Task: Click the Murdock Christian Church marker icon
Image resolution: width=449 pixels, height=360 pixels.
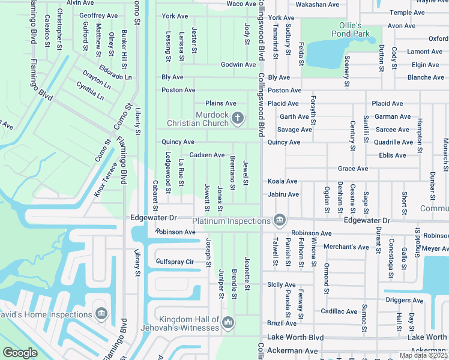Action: point(237,118)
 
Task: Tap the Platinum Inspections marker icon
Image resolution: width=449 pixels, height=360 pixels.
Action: point(279,221)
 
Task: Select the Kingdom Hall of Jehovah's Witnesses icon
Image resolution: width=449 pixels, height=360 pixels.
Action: point(228,323)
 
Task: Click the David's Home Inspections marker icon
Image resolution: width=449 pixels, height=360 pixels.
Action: point(101,314)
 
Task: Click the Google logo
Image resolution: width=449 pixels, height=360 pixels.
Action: point(20,353)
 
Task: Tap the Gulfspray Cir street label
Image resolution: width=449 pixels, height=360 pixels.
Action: point(175,262)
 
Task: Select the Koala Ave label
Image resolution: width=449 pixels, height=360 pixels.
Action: point(283,181)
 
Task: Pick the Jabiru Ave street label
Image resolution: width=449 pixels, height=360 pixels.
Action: point(283,194)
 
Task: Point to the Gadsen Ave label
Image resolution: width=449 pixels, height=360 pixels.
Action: point(207,155)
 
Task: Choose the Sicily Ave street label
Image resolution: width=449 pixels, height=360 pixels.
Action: point(282,284)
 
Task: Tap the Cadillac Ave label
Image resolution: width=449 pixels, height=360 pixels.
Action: point(339,311)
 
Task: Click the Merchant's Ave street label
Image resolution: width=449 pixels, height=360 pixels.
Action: point(346,247)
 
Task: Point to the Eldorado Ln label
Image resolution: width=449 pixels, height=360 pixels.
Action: point(115,73)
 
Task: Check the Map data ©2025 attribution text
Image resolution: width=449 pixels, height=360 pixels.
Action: point(423,355)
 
